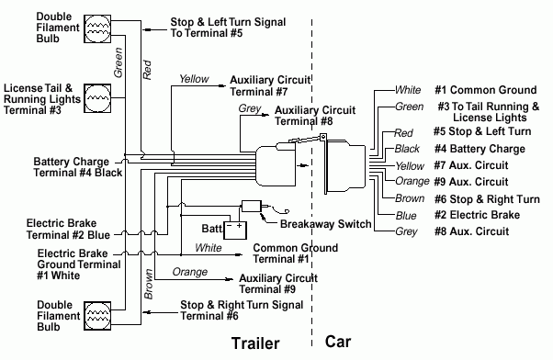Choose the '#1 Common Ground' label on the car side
point(485,90)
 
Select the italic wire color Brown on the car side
point(409,198)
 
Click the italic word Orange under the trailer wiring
point(189,272)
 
